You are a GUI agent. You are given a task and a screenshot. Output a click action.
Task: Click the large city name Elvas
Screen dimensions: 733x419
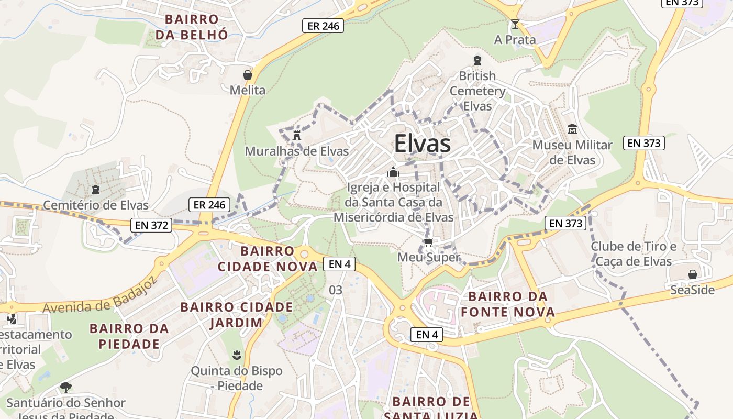click(x=422, y=144)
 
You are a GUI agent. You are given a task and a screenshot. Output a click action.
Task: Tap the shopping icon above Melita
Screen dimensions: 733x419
click(x=248, y=75)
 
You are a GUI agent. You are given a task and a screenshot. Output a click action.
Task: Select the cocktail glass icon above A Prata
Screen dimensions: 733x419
click(x=515, y=24)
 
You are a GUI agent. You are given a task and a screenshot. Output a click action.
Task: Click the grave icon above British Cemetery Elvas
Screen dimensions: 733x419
click(x=477, y=60)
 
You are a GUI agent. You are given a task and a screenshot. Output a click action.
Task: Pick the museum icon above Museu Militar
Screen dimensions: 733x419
click(x=572, y=129)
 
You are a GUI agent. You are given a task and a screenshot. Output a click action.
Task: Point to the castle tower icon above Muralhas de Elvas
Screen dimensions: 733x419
click(x=297, y=136)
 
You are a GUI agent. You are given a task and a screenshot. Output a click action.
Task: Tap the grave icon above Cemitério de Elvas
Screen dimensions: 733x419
click(x=95, y=189)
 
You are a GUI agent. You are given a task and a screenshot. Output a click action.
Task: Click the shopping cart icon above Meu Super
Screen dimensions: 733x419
click(x=428, y=242)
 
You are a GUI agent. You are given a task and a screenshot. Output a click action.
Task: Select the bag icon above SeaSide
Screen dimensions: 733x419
click(x=693, y=274)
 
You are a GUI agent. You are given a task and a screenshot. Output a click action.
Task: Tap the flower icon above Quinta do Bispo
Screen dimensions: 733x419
click(x=236, y=356)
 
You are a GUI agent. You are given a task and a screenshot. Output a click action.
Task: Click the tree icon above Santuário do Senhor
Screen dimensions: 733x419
click(x=65, y=388)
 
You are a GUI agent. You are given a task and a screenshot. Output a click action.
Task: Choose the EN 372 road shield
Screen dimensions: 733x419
click(x=152, y=225)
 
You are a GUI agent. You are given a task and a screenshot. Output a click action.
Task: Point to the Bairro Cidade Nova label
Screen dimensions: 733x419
click(x=268, y=259)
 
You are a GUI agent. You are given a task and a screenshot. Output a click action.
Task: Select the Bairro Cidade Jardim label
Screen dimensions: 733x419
click(x=237, y=314)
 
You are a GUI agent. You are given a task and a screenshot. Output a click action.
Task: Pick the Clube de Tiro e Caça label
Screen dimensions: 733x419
click(x=633, y=253)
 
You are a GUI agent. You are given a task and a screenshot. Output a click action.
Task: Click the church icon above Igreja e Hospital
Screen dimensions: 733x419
click(x=393, y=172)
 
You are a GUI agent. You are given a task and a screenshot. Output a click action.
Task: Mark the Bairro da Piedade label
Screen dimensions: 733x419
click(x=129, y=336)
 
